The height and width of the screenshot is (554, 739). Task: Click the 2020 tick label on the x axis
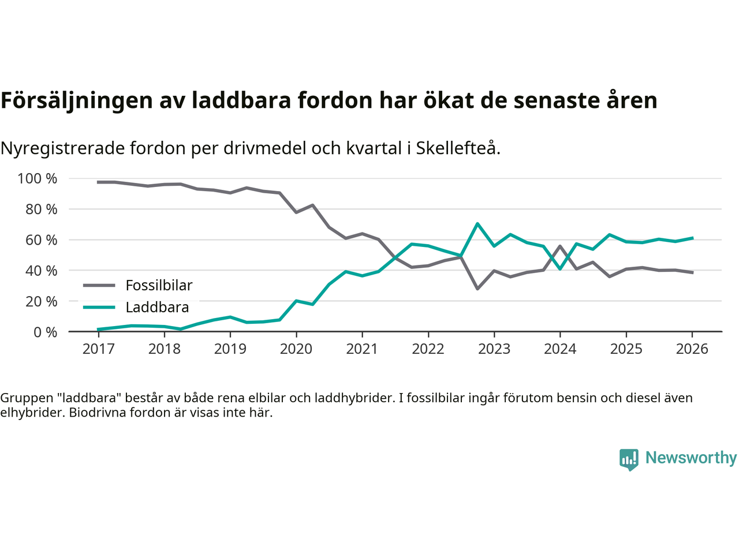click(x=296, y=349)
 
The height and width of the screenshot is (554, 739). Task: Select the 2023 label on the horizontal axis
click(x=494, y=349)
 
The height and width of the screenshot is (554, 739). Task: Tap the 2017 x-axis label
click(x=98, y=349)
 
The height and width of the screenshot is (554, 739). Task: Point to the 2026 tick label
click(x=692, y=349)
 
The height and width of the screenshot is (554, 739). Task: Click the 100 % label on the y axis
click(x=38, y=179)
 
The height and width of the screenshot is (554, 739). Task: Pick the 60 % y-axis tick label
click(x=41, y=240)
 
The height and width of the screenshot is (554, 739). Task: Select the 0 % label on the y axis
click(x=45, y=332)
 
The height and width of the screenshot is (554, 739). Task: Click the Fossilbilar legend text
click(x=159, y=286)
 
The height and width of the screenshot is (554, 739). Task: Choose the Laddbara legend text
click(x=157, y=308)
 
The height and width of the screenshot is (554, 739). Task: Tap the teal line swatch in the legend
click(x=99, y=307)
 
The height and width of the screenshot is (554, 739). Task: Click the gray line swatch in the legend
click(x=99, y=285)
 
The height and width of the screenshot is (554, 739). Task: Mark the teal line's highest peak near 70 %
click(x=477, y=223)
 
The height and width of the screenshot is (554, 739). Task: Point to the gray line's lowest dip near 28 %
click(x=477, y=289)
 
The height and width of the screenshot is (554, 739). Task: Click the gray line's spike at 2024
click(x=560, y=246)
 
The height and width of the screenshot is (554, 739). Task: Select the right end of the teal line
click(x=692, y=238)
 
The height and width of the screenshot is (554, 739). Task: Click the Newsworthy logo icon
click(x=629, y=459)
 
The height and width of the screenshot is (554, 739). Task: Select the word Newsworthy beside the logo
click(x=691, y=458)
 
